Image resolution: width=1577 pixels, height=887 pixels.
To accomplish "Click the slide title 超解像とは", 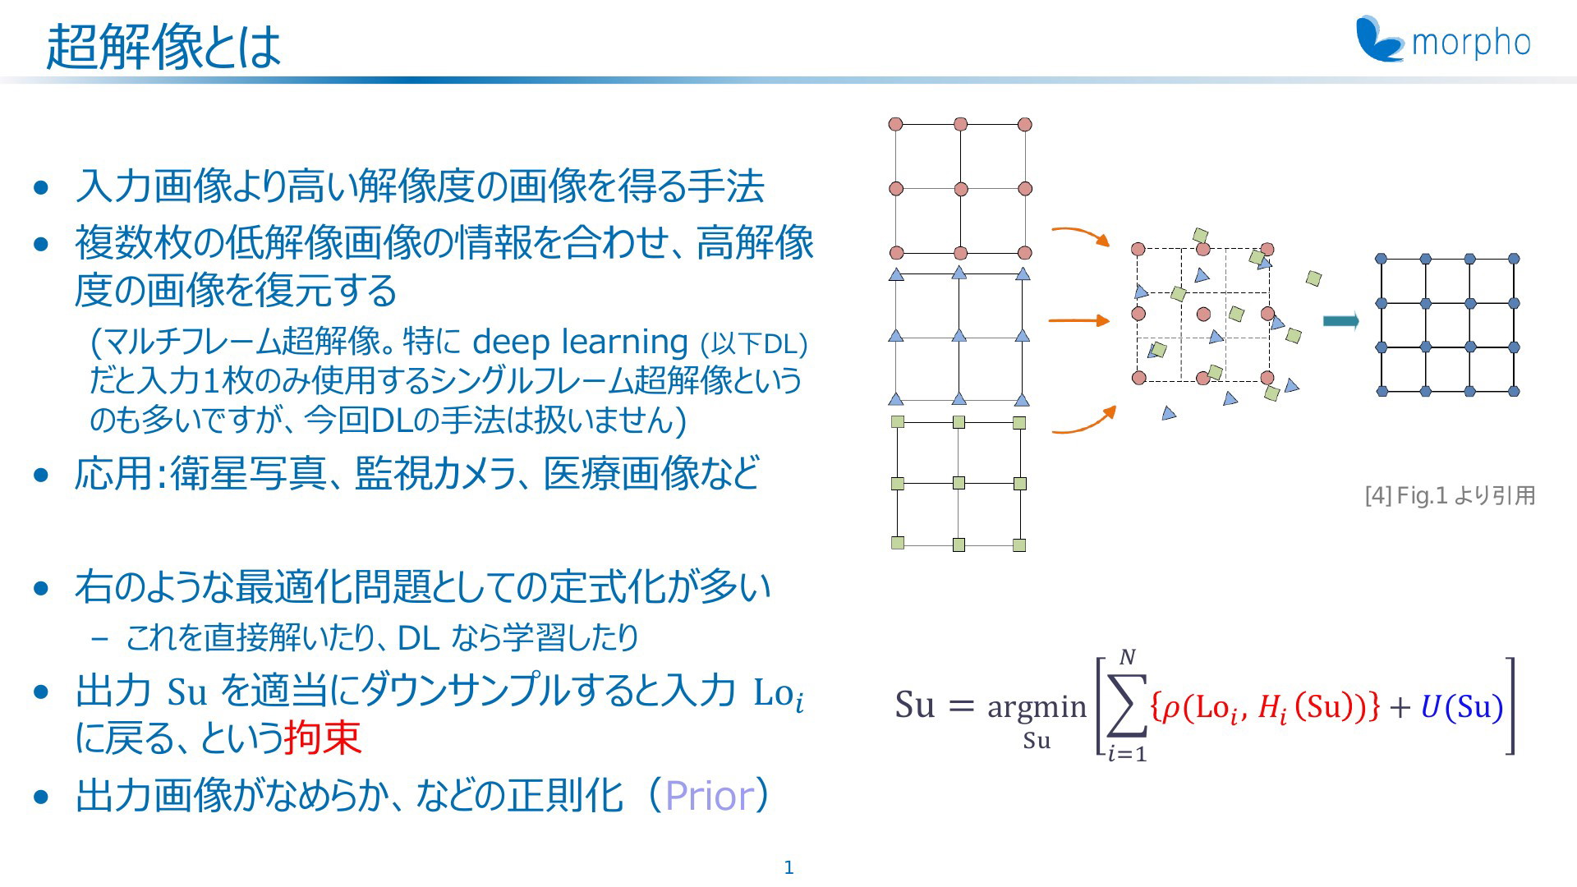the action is tap(163, 46).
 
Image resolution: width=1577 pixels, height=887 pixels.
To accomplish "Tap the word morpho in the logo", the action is tap(1471, 43).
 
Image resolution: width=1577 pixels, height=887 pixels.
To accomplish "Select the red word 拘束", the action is tap(322, 737).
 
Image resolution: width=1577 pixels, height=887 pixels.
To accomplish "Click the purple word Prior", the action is tap(709, 795).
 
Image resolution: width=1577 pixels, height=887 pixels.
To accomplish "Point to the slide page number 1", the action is tap(788, 867).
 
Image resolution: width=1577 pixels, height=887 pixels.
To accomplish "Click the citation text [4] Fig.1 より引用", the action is tap(1450, 495).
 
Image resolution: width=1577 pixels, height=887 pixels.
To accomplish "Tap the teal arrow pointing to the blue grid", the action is tap(1341, 321).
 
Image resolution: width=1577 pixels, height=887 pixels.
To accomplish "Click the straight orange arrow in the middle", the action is tap(1080, 320).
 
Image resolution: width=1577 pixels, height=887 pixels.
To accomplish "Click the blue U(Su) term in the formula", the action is tap(1462, 706).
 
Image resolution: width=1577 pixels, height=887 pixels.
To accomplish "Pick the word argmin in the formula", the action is tap(1037, 707).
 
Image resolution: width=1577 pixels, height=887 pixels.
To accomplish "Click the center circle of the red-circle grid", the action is tap(961, 189).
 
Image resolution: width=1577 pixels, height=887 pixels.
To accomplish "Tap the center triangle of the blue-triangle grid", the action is tap(959, 335).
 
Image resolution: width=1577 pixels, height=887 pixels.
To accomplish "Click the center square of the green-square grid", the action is tap(959, 483).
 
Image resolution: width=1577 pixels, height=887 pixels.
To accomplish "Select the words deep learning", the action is tap(580, 341).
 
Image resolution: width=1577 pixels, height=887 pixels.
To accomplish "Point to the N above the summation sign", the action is tap(1128, 657).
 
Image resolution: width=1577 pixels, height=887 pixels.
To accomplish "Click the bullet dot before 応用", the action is tap(42, 475).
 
